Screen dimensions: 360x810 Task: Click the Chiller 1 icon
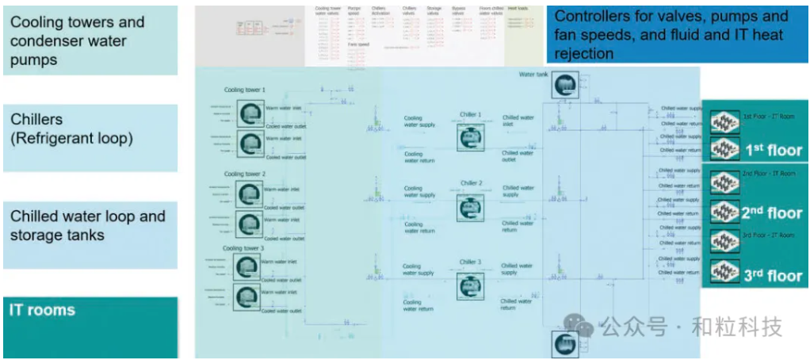470,137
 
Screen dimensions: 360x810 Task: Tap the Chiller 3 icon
470,285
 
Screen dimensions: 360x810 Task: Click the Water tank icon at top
565,85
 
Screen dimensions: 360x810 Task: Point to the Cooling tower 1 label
245,90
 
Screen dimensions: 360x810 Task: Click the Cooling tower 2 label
245,174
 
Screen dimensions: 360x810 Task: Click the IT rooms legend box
90,326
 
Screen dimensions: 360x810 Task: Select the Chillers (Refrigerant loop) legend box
90,137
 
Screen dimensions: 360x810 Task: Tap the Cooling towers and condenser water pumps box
90,40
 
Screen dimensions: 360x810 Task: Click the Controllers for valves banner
678,35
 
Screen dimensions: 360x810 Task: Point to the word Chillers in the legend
36,119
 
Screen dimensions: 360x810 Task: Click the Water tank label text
533,75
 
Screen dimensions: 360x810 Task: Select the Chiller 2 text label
471,183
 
